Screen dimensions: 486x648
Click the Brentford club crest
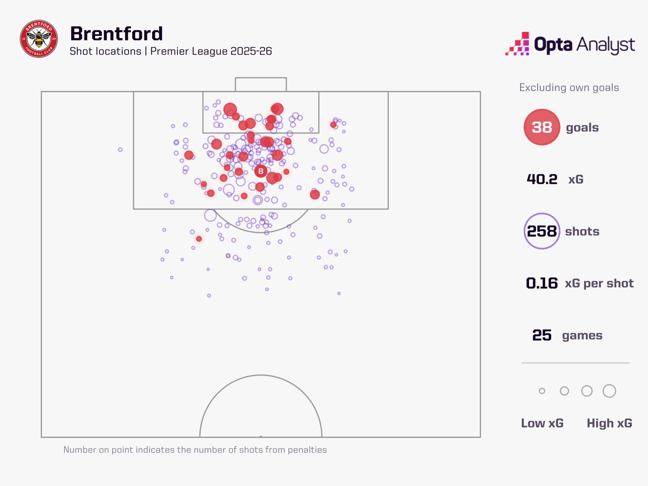[x=39, y=39]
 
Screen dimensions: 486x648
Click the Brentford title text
[x=116, y=34]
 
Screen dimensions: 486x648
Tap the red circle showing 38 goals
[x=542, y=127]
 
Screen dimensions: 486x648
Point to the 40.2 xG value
[x=542, y=179]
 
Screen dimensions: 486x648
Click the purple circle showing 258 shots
[x=542, y=231]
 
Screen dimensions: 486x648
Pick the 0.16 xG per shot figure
[x=542, y=283]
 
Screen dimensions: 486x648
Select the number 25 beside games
[x=542, y=335]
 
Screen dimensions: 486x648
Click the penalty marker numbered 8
[x=261, y=171]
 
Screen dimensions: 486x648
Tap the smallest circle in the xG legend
[x=542, y=391]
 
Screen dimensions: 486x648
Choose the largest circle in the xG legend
[x=609, y=391]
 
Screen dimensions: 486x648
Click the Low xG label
[x=542, y=423]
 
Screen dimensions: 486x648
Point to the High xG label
[x=609, y=423]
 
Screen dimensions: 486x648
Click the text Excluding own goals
[x=569, y=88]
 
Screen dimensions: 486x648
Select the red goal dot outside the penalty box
[x=199, y=239]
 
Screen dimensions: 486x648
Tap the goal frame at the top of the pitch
[x=261, y=84]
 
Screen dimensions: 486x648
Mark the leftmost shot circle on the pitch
[x=120, y=150]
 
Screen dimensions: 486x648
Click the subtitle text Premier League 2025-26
[x=211, y=51]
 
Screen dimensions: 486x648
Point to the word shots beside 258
[x=582, y=231]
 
